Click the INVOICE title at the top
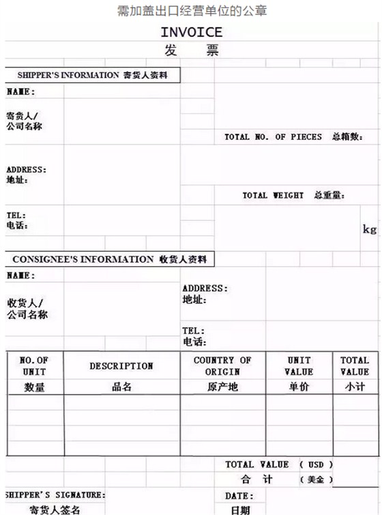[x=191, y=32]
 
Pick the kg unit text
[x=369, y=229]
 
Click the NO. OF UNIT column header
[x=34, y=365]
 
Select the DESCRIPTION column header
[x=121, y=366]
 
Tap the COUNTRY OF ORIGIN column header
[x=222, y=365]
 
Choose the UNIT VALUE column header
[x=299, y=365]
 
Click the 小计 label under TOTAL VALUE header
[x=354, y=387]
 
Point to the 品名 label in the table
[x=121, y=387]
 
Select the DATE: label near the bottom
[x=239, y=496]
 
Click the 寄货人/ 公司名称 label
[x=25, y=121]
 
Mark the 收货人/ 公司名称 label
[x=27, y=309]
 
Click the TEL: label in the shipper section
[x=16, y=214]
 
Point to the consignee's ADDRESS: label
[x=205, y=288]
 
